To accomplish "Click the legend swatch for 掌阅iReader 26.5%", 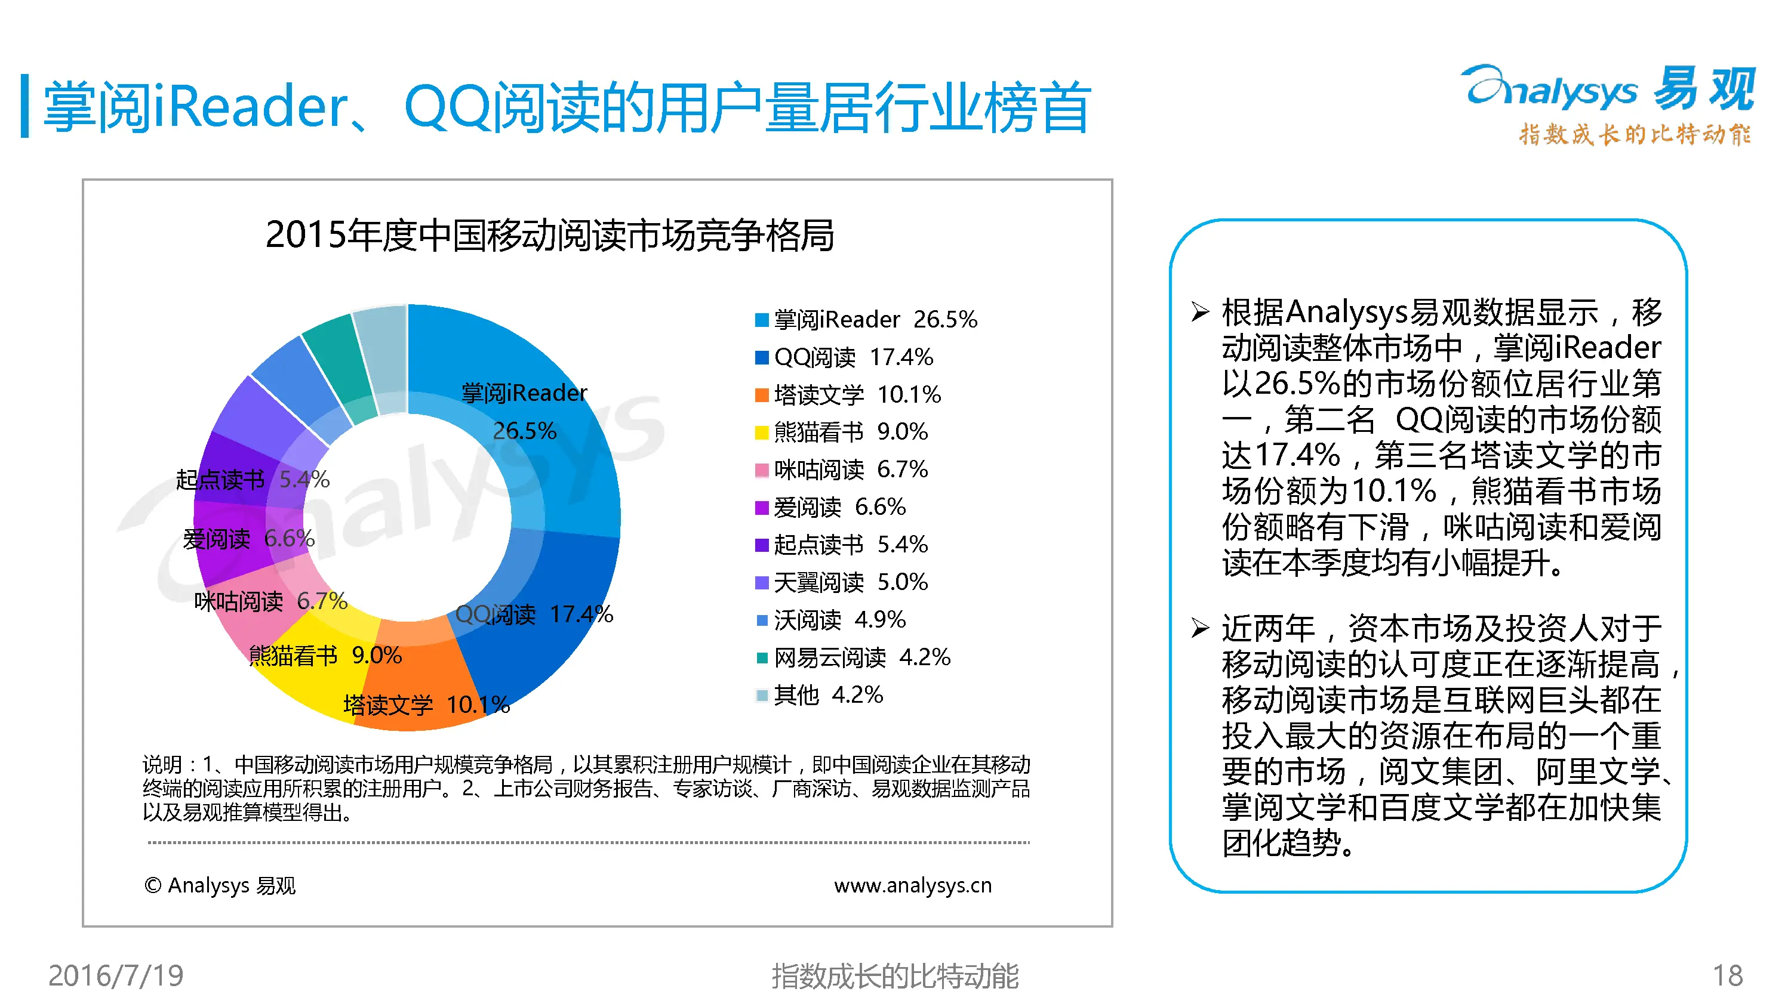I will coord(761,320).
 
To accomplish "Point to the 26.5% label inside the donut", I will coord(524,431).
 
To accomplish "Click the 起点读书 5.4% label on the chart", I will coord(252,480).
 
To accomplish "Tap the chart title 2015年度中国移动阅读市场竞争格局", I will coord(549,235).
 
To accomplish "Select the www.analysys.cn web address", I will coord(912,885).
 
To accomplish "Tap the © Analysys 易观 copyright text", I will coord(220,885).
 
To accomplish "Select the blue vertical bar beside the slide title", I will coord(25,106).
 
